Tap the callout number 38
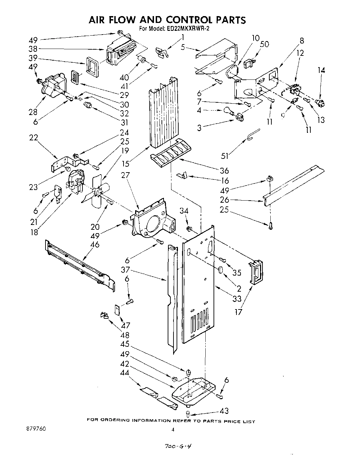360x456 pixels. pos(33,49)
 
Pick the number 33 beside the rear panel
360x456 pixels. pos(237,299)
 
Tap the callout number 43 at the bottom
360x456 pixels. pos(224,411)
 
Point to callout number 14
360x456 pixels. pos(321,70)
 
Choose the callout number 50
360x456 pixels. pos(264,44)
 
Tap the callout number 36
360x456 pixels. pos(224,171)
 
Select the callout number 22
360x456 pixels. pos(33,137)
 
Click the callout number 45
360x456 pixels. pos(124,343)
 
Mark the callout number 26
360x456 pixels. pos(224,200)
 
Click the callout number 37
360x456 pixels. pos(125,269)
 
